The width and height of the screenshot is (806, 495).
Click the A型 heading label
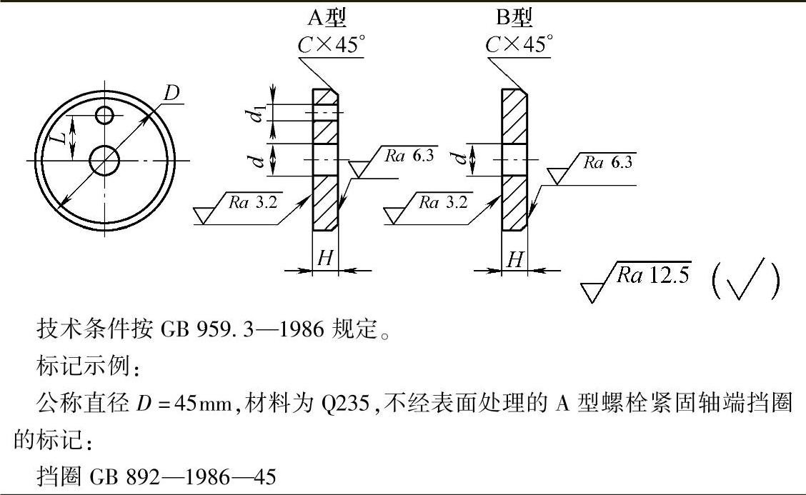tap(328, 17)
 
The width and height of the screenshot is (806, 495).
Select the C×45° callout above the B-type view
tap(519, 44)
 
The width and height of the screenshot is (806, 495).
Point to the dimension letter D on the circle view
tap(171, 93)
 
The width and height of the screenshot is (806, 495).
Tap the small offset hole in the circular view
tap(105, 114)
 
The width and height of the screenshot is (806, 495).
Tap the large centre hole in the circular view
tap(105, 160)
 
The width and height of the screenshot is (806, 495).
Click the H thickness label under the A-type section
tap(325, 259)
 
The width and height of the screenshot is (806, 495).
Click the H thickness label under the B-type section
tap(514, 259)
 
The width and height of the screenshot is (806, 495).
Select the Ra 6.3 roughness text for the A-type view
tap(409, 156)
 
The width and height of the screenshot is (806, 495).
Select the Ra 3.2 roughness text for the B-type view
tap(442, 202)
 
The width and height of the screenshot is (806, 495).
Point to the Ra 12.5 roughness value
tap(654, 275)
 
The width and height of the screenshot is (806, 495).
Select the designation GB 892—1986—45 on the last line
tap(182, 476)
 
